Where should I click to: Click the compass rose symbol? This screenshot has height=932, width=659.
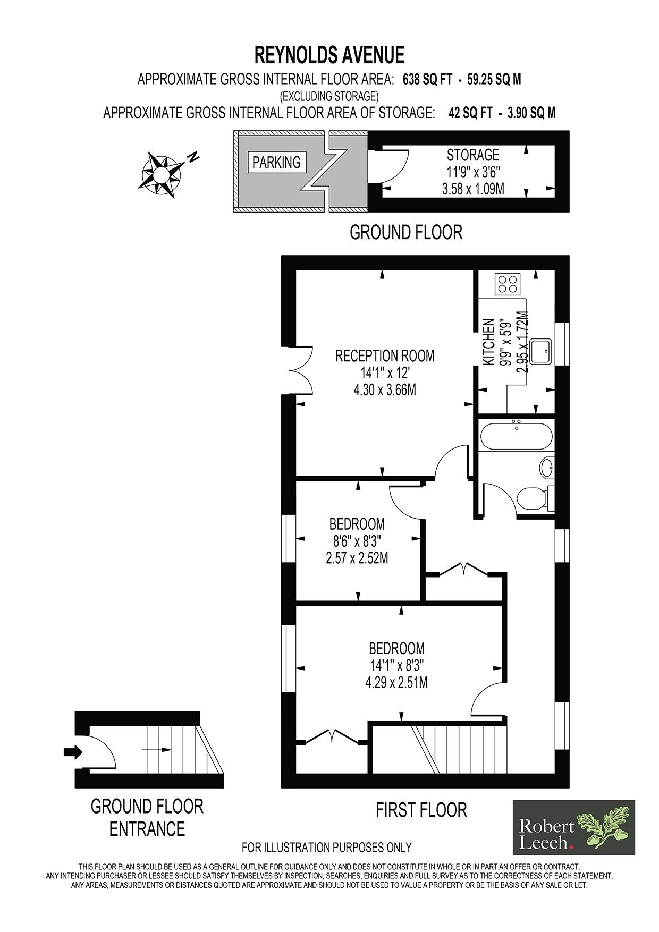[162, 175]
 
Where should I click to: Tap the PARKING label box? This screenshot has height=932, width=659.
[276, 162]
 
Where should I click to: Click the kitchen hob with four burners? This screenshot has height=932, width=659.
[508, 284]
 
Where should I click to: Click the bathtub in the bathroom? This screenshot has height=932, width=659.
[516, 436]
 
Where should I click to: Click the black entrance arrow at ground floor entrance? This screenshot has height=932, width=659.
[73, 751]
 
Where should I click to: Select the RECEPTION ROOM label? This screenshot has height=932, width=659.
[385, 355]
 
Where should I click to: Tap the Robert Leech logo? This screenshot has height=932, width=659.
[573, 827]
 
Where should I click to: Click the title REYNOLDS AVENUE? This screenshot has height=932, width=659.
[329, 55]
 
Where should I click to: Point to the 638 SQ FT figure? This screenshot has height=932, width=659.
[428, 80]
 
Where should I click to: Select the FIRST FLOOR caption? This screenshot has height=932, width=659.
[421, 810]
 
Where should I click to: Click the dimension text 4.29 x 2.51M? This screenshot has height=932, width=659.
[396, 682]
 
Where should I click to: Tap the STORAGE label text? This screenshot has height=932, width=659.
[472, 155]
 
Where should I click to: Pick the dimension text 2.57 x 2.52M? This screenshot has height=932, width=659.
[357, 558]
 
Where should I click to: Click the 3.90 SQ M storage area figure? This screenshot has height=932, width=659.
[527, 113]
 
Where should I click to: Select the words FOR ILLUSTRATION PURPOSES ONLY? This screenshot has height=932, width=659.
[326, 847]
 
